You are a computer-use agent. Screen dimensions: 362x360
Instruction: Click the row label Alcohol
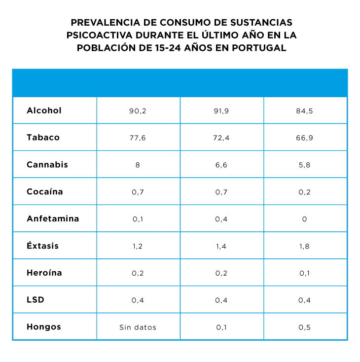pos(44,110)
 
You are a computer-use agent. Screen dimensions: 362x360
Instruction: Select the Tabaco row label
pos(43,138)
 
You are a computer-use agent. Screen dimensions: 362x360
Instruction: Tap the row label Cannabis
pos(47,165)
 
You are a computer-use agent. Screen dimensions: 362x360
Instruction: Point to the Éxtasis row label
pos(42,246)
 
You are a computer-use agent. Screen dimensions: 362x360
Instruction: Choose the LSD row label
pos(35,300)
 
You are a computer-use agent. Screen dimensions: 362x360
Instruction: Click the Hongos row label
pos(44,327)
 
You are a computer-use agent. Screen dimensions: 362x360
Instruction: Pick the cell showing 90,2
pos(138,111)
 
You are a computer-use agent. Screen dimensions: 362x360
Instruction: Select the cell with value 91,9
pos(221,111)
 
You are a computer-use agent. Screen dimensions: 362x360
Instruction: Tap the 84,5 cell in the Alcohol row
pos(305,111)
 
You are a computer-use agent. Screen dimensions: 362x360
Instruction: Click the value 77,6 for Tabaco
pos(138,138)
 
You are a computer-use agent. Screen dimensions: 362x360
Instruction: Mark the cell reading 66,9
pos(305,138)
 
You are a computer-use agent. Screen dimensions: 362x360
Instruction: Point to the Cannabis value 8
pos(138,165)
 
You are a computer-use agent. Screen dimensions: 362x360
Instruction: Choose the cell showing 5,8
pos(305,165)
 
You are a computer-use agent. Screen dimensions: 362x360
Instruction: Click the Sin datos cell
pos(138,327)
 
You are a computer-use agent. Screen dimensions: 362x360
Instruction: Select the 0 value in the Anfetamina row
pos(305,219)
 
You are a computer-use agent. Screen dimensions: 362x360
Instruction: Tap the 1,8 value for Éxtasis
pos(305,246)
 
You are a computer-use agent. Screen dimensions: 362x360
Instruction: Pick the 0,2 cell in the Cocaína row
pos(305,192)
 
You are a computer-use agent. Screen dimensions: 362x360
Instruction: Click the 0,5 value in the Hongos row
pos(305,327)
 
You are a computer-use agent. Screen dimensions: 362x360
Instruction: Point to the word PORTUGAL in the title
pos(259,48)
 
